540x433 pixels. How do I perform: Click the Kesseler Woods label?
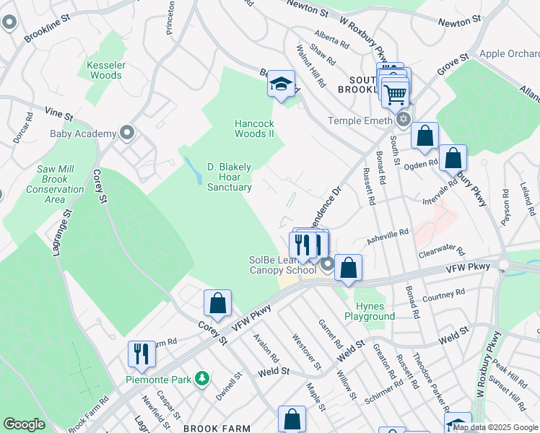105,69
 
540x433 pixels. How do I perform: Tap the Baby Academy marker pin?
128,133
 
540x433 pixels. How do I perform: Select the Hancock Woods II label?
254,128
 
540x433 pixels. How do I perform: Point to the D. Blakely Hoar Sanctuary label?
230,177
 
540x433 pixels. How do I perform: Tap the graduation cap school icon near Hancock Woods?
281,84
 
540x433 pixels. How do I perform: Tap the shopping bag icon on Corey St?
217,303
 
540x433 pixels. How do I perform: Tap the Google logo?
24,424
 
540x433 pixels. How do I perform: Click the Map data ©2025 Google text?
495,427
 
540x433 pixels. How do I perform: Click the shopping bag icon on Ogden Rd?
453,158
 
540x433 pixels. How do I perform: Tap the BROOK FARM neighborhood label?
217,428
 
